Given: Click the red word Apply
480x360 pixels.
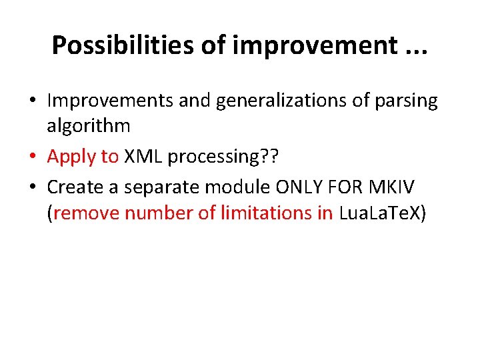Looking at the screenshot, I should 69,157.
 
